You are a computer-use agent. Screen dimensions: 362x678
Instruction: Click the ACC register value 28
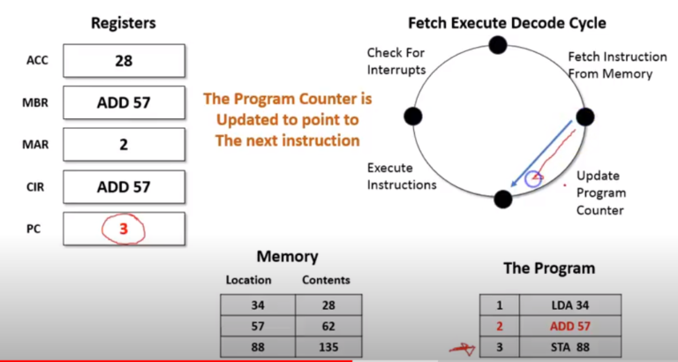[124, 61]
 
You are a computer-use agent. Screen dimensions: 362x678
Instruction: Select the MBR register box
[124, 102]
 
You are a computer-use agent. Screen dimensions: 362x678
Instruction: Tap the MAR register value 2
[124, 145]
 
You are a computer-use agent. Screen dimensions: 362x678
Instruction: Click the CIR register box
[124, 186]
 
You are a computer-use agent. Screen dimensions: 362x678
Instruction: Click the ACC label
[38, 61]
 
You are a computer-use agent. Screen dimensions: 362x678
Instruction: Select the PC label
[38, 227]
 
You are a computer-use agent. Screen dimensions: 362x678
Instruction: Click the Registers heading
[124, 22]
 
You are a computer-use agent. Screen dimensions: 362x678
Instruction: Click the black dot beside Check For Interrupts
[412, 117]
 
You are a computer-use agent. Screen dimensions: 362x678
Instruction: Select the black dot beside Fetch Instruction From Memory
[584, 117]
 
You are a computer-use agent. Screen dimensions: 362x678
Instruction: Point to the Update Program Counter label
[600, 192]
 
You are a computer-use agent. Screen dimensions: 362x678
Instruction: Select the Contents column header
[326, 280]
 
